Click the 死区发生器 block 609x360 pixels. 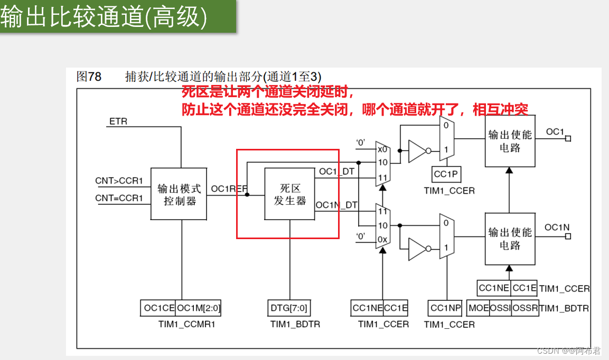pos(289,194)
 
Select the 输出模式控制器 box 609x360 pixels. pos(180,194)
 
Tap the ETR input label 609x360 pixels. pos(118,121)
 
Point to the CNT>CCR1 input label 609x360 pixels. pos(119,181)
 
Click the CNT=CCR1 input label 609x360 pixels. pos(119,198)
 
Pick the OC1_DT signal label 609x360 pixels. pos(336,172)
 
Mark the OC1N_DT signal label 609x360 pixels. pos(336,205)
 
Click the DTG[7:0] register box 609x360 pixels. pos(288,308)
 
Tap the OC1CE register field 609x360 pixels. pos(158,308)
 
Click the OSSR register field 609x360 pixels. pos(525,308)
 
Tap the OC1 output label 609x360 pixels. pos(555,131)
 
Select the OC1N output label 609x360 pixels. pos(557,228)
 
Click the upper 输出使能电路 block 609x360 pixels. pos(510,141)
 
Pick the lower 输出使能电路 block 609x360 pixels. pos(510,239)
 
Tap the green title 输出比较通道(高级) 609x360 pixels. pos(104,17)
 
